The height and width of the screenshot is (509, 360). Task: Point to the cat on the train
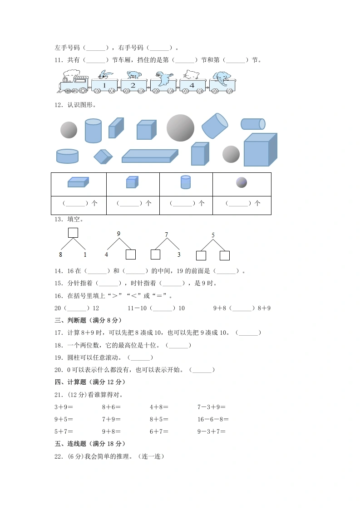pyautogui.click(x=192, y=75)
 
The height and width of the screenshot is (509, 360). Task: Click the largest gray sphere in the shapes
pyautogui.click(x=180, y=128)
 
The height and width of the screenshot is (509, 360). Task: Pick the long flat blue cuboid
pyautogui.click(x=150, y=156)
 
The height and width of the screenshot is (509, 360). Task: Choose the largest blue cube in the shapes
pyautogui.click(x=261, y=150)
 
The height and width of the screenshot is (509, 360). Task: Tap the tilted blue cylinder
pyautogui.click(x=215, y=126)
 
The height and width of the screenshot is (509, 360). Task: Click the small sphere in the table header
pyautogui.click(x=242, y=182)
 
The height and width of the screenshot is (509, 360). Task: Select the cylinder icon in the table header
pyautogui.click(x=186, y=182)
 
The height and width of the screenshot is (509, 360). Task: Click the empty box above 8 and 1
pyautogui.click(x=73, y=233)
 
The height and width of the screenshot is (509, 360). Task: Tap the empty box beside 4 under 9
pyautogui.click(x=131, y=254)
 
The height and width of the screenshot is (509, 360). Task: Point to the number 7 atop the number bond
pyautogui.click(x=166, y=235)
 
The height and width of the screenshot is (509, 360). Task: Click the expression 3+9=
pyautogui.click(x=64, y=407)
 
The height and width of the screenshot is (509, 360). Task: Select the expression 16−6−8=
pyautogui.click(x=213, y=420)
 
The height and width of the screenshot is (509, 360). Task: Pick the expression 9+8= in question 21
pyautogui.click(x=111, y=431)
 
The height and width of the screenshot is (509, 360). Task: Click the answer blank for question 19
pyautogui.click(x=140, y=358)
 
